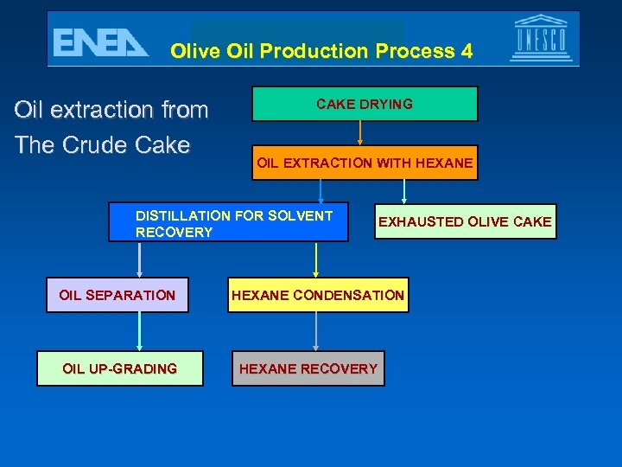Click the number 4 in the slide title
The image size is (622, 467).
coord(466,51)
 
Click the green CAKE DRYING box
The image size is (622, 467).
coord(364,104)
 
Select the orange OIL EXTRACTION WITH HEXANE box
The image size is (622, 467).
coord(364,163)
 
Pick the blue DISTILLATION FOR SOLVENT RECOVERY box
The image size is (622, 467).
coord(228,222)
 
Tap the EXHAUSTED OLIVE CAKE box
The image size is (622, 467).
coord(465,221)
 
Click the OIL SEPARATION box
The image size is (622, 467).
coord(117,295)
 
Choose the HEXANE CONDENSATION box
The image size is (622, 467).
coord(317,295)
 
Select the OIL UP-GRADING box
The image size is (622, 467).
coord(119,368)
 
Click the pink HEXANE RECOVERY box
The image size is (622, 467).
coord(308,368)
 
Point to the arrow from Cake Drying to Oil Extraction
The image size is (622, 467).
coord(360,133)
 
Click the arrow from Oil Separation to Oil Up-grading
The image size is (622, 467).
coord(139,331)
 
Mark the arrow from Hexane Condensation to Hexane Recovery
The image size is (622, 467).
coord(316,331)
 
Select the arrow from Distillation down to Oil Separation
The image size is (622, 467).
coord(139,259)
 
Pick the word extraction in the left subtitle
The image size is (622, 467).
coord(101,110)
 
